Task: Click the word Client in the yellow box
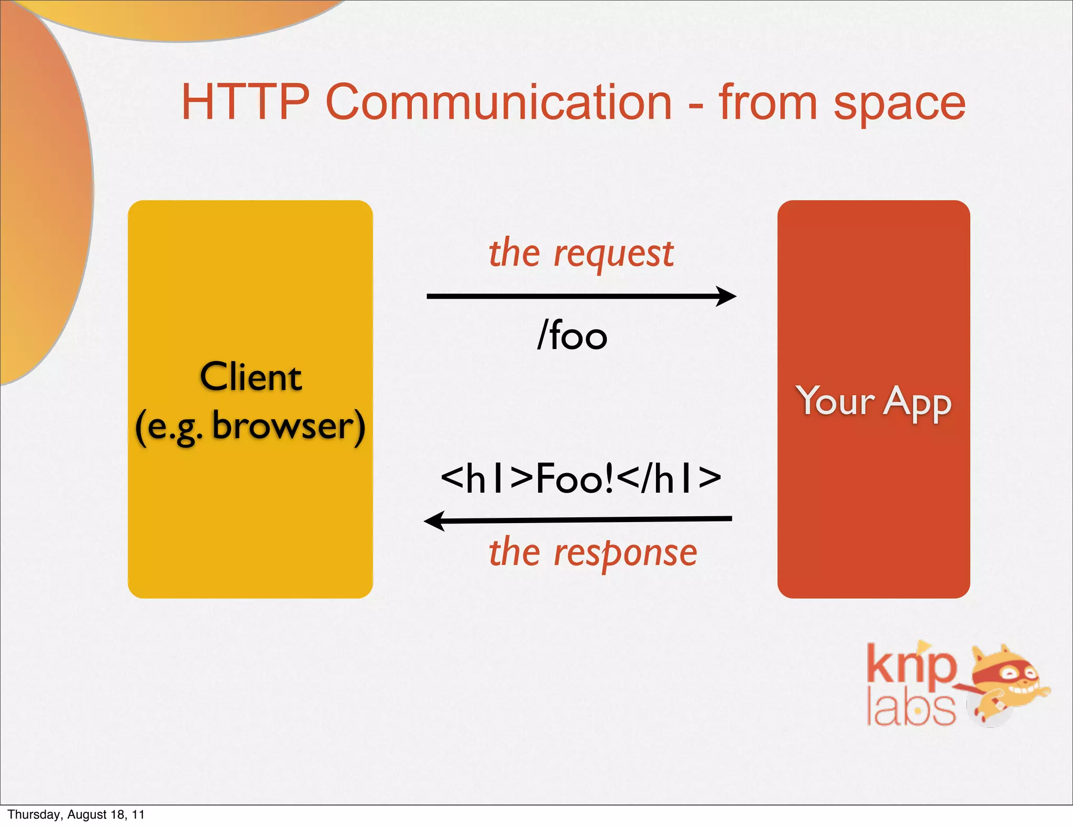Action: tap(251, 377)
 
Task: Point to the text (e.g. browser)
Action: tap(250, 427)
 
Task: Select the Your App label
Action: tap(873, 402)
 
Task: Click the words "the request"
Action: tap(581, 254)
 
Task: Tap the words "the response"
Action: tap(593, 553)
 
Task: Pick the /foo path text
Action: tap(572, 335)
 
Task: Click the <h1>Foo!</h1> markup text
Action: tap(581, 478)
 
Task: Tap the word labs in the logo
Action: tap(911, 709)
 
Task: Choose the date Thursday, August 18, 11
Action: tap(76, 814)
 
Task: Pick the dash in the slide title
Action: tap(695, 106)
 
